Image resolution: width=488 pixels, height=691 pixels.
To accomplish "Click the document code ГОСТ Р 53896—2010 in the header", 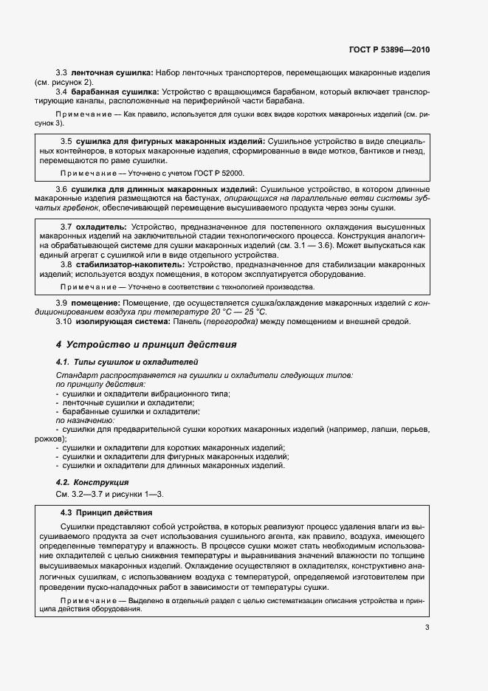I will [389, 49].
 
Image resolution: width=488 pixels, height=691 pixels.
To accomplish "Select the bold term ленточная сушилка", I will [111, 74].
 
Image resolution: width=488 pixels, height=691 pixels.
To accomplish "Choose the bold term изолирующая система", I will [119, 320].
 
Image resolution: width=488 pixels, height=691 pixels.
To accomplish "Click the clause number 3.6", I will [62, 190].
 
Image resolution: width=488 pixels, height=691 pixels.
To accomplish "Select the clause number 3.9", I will [62, 303].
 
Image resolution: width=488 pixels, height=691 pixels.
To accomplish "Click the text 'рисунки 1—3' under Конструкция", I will [134, 492].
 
